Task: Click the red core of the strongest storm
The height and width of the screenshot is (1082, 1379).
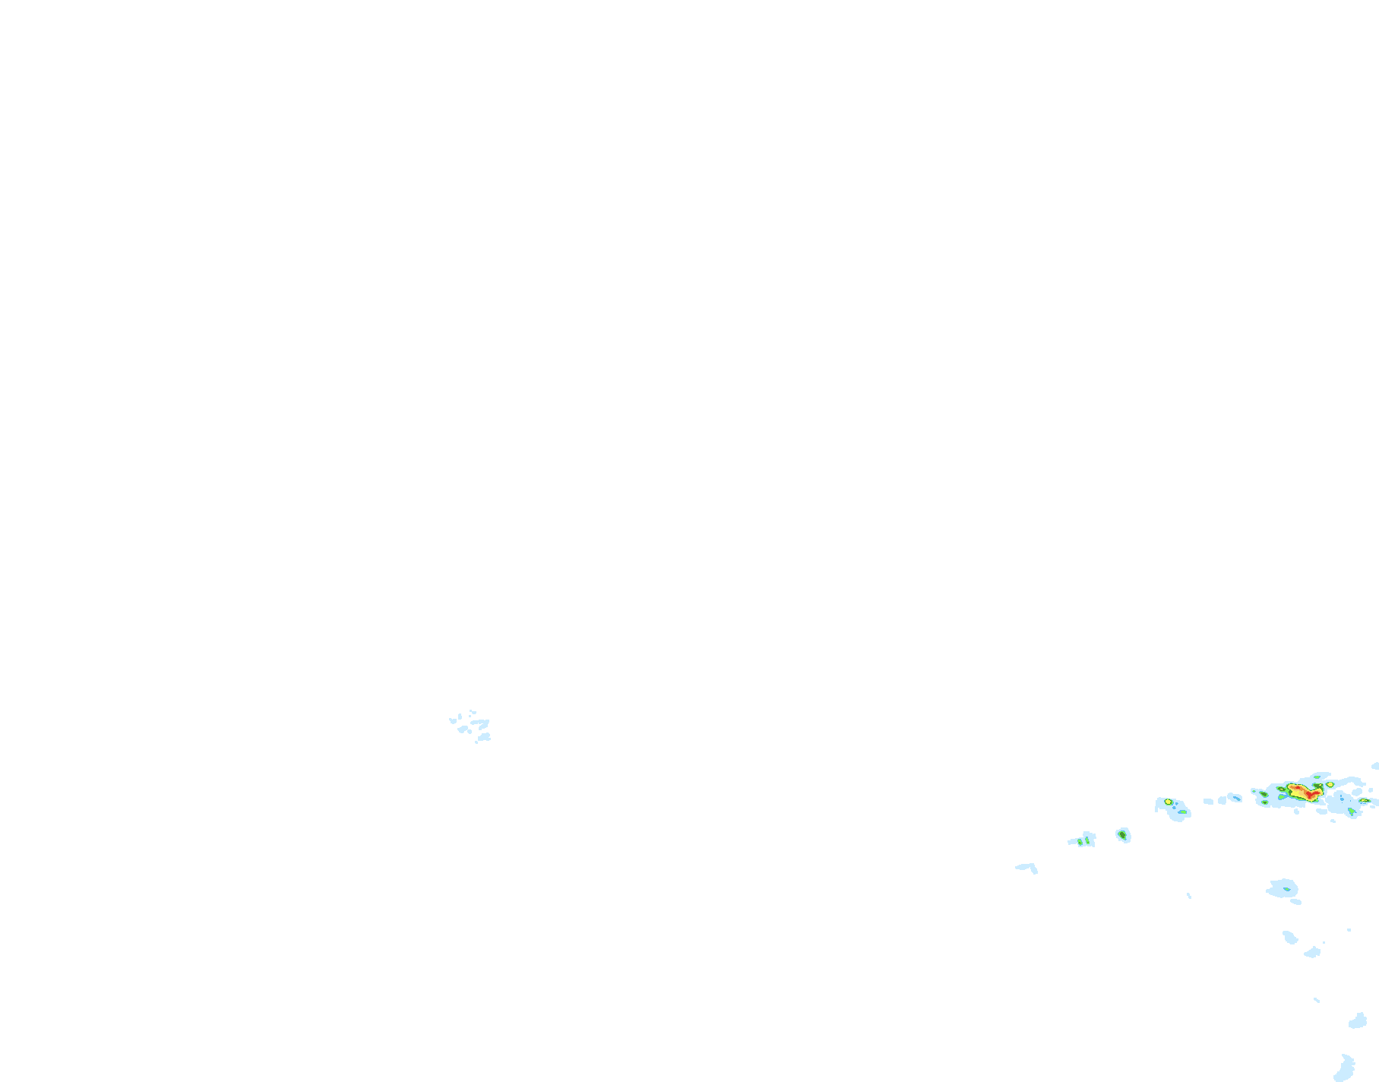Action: point(1311,794)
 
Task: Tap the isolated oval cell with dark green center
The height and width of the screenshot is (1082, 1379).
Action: point(1122,835)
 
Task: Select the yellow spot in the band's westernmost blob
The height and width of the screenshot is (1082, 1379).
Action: point(1168,802)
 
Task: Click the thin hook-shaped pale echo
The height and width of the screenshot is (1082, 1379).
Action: point(1027,866)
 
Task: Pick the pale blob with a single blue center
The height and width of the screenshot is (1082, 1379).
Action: point(1284,887)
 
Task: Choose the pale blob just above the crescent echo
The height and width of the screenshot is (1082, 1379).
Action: point(1358,1020)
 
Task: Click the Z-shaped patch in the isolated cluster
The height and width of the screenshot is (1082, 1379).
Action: point(480,723)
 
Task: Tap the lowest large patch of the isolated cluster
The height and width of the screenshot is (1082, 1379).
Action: point(483,736)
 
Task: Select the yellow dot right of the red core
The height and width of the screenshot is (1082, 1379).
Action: point(1330,784)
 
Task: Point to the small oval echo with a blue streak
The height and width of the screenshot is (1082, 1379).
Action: point(1234,797)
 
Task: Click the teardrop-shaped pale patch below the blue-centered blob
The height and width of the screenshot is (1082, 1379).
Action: point(1289,937)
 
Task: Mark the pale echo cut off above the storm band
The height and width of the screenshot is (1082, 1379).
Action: point(1375,766)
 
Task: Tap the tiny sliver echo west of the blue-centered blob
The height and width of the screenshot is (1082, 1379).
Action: point(1189,896)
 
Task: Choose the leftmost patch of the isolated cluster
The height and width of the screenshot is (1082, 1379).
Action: point(453,720)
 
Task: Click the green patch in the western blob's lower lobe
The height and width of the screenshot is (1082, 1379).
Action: point(1181,811)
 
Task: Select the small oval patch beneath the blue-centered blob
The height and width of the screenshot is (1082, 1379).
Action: point(1295,902)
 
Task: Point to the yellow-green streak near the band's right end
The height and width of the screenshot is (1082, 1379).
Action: point(1365,801)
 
